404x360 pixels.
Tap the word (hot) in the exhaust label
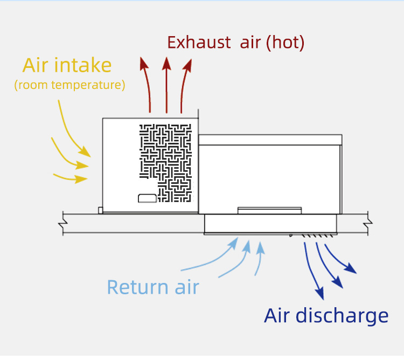tap(285, 43)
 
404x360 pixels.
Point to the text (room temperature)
tap(69, 85)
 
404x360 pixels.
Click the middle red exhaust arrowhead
tap(166, 63)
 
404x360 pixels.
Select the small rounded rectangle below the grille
tap(148, 198)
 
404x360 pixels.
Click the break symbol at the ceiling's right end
tap(368, 223)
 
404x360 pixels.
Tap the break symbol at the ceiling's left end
tap(64, 223)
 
